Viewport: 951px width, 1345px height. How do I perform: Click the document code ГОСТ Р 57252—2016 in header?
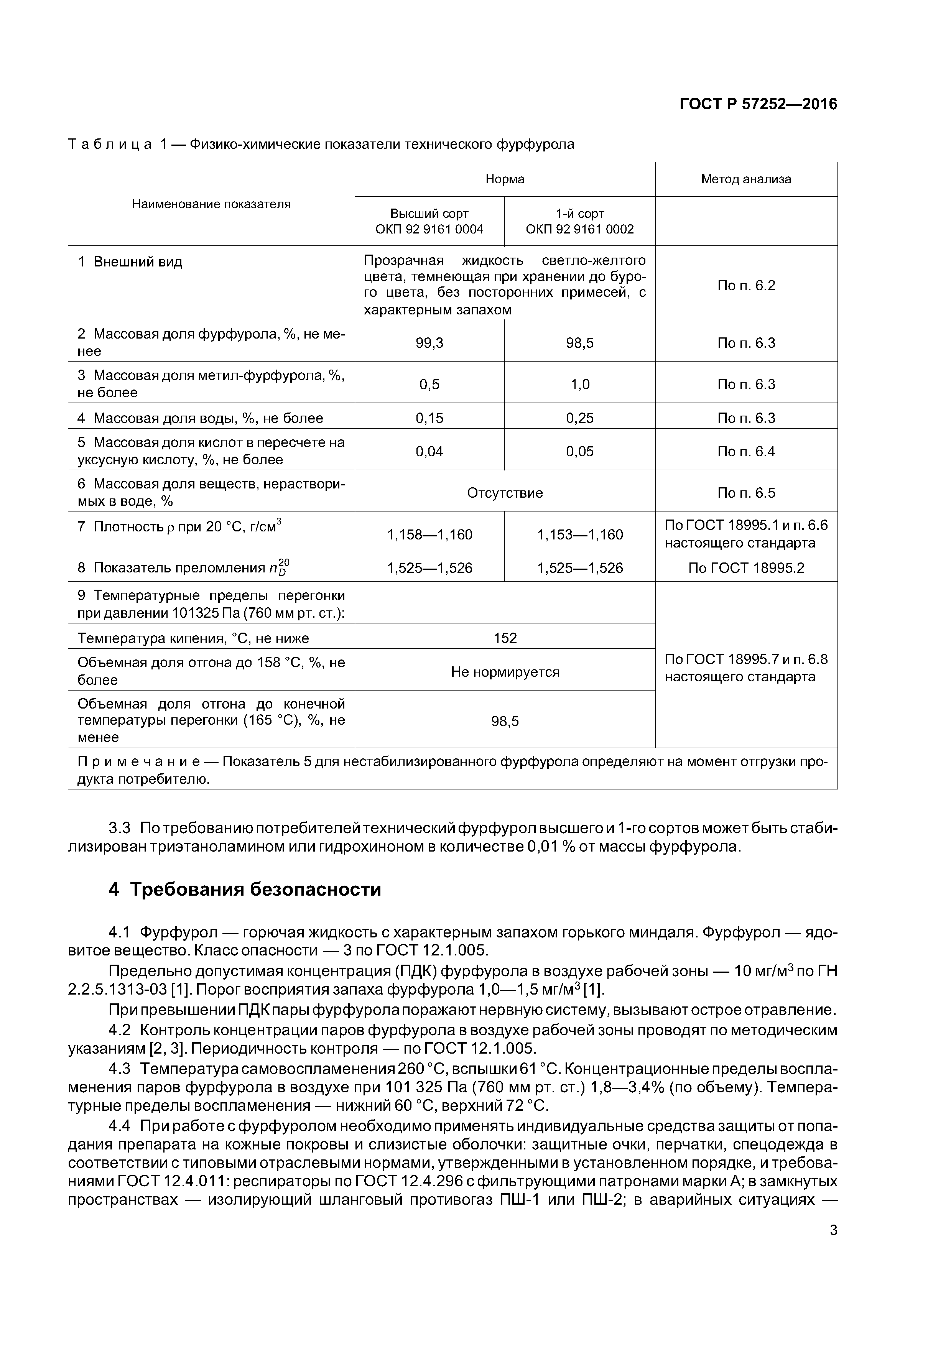(x=758, y=104)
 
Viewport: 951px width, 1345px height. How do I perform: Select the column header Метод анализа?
(x=745, y=179)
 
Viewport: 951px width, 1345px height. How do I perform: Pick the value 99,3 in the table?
(x=429, y=343)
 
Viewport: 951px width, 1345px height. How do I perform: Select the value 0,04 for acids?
(x=429, y=451)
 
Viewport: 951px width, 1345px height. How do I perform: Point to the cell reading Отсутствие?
(x=505, y=493)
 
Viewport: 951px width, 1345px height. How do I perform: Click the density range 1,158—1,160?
(x=429, y=534)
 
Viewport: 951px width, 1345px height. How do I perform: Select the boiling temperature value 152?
(x=505, y=638)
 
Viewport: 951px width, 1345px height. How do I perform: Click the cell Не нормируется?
(x=505, y=672)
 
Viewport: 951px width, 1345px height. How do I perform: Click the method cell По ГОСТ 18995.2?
(x=745, y=568)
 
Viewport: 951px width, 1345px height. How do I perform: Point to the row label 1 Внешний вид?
(x=130, y=262)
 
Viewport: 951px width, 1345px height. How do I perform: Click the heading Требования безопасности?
(x=255, y=889)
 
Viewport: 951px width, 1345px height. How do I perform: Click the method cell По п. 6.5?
(x=745, y=493)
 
